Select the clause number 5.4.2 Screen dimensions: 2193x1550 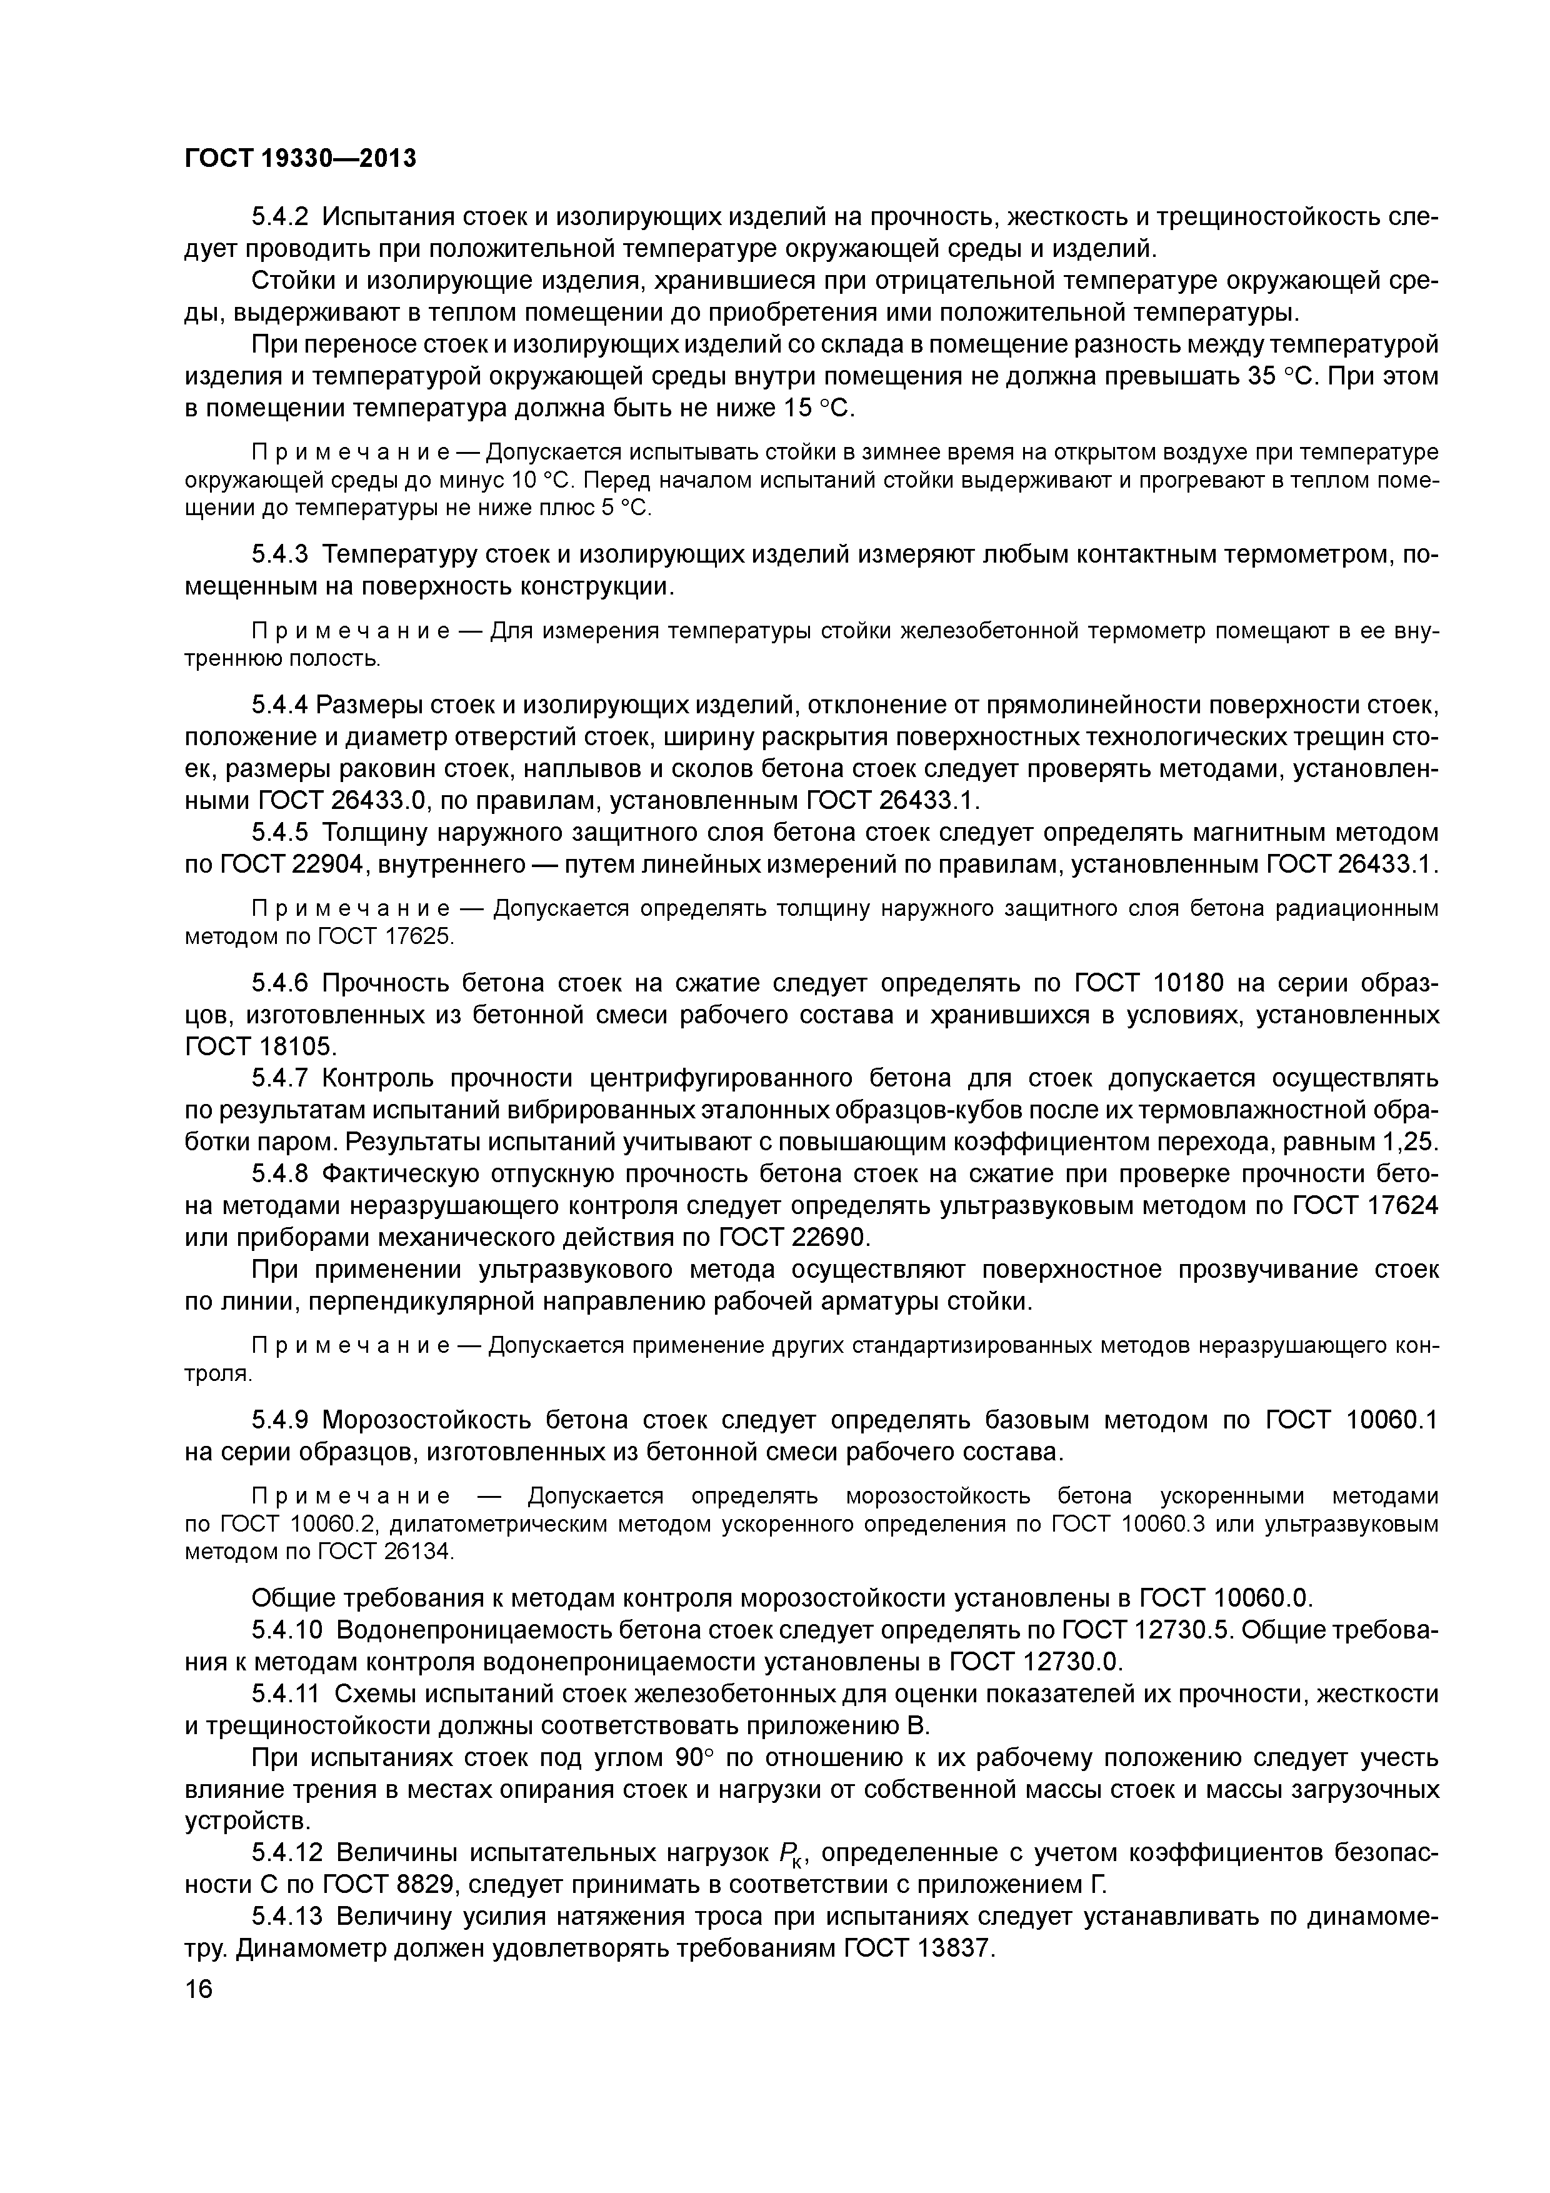282,217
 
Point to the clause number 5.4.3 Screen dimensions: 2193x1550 282,554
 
